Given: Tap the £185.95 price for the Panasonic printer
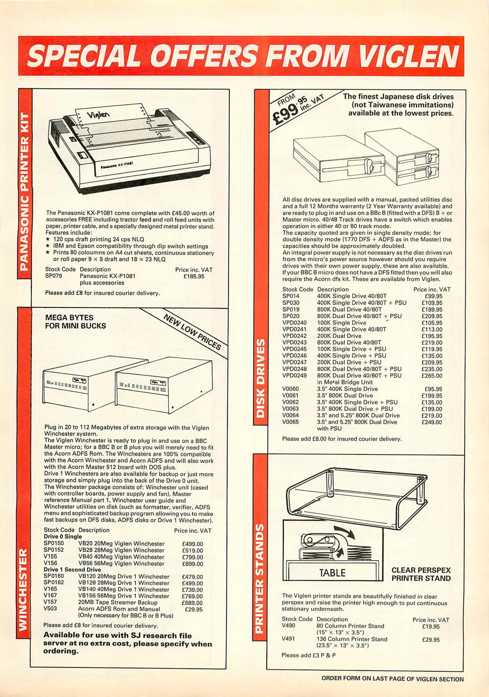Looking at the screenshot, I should (194, 277).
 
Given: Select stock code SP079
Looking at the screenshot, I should (54, 276).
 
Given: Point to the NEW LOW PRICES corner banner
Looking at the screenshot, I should (192, 332).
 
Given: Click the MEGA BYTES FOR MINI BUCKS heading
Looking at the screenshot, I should (75, 322).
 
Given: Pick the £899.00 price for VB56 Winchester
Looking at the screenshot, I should (192, 564).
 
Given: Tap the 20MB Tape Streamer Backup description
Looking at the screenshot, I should (118, 602).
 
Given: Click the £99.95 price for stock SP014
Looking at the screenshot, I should (433, 296).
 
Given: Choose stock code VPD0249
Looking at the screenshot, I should (294, 376).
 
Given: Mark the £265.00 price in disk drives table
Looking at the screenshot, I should (432, 376).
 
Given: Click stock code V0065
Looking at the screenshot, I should (291, 422).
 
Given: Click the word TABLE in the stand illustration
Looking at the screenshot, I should (332, 573).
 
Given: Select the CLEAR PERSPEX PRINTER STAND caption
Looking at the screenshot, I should (421, 574).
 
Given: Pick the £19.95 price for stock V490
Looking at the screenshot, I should (431, 626).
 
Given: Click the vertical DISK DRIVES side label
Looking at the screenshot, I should (260, 378).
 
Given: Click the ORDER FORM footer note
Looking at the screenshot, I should (392, 679).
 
